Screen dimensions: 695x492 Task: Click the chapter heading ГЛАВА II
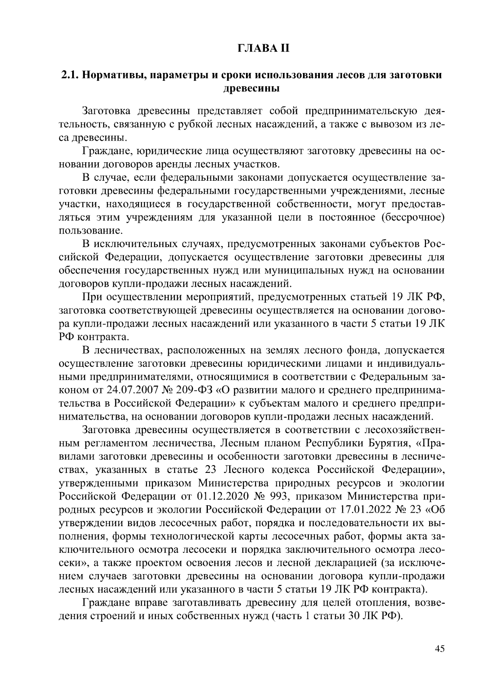click(264, 48)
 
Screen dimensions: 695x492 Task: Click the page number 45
click(439, 649)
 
